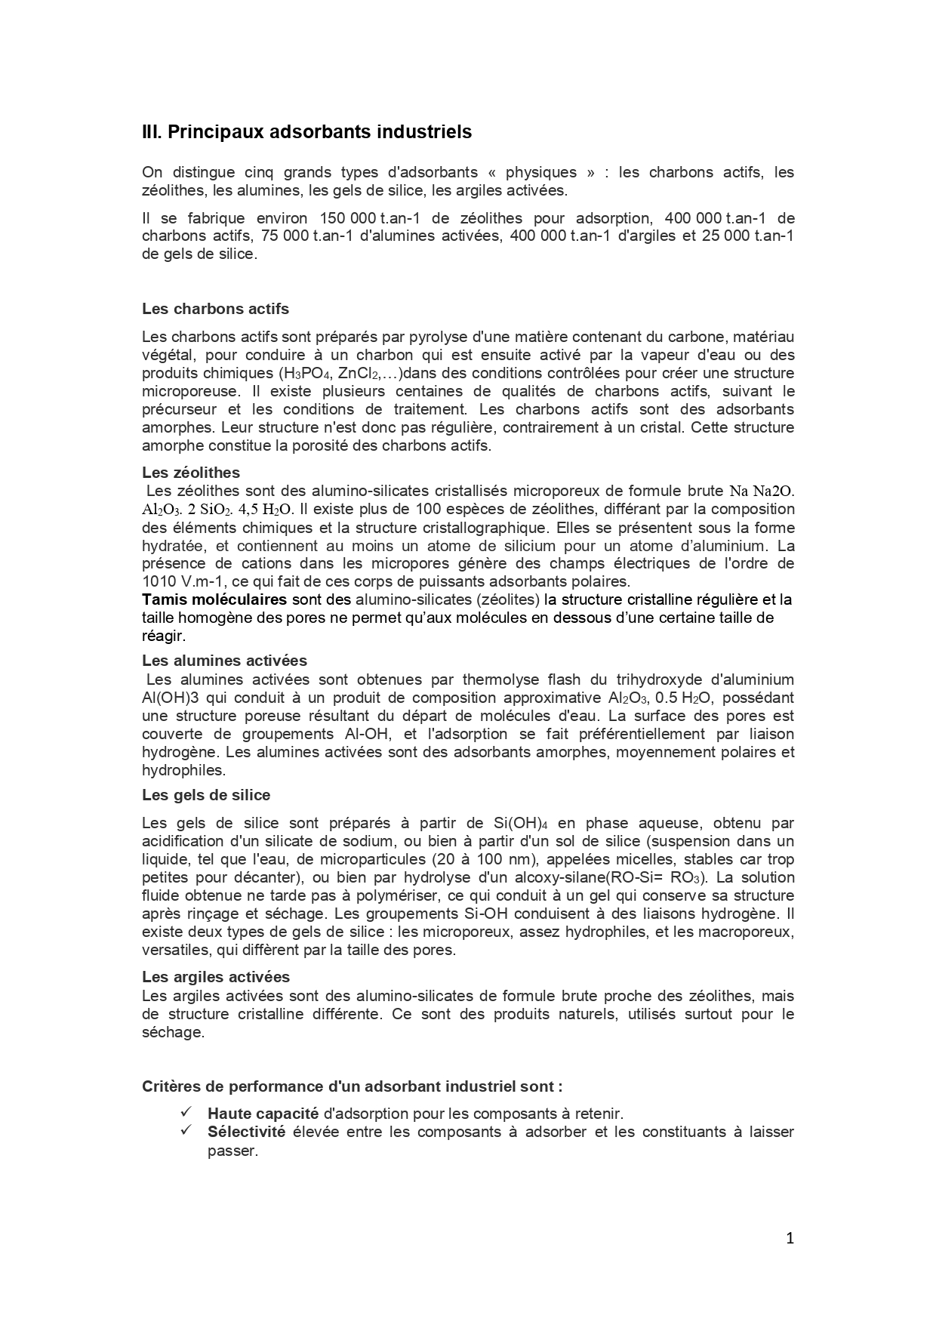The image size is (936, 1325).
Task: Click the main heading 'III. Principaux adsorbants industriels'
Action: (306, 132)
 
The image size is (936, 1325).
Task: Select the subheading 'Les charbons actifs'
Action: (215, 309)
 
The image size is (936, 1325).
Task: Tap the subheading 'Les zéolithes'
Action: (191, 473)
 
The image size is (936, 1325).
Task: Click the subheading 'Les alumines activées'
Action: (224, 661)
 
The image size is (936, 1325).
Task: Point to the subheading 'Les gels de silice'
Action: (206, 795)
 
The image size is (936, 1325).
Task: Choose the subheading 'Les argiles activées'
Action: (216, 978)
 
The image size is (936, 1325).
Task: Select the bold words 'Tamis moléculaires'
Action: (214, 600)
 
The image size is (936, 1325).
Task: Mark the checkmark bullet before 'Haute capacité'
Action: (186, 1113)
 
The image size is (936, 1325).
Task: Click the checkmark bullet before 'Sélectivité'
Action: (186, 1131)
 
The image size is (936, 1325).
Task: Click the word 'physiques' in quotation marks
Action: (541, 172)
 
